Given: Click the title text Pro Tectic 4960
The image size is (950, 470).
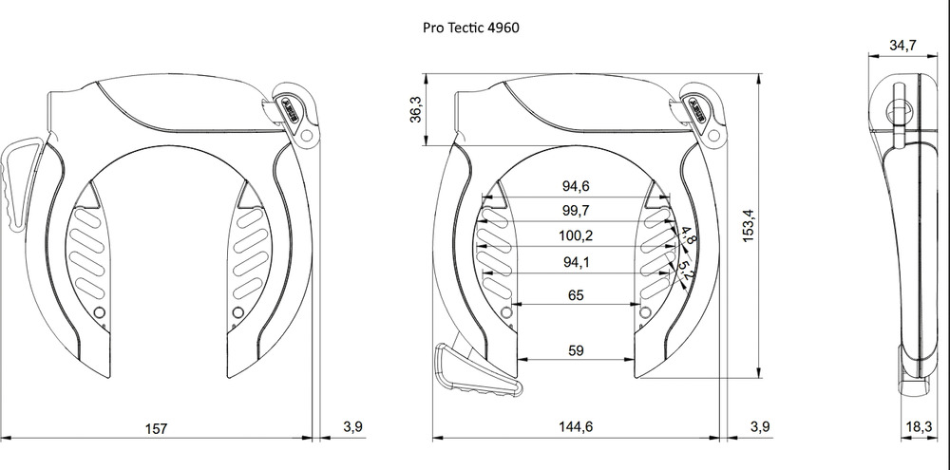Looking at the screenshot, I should coord(471,28).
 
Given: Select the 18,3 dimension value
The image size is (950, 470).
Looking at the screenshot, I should coord(918,427).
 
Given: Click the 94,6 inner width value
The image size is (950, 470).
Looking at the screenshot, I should coord(575,186).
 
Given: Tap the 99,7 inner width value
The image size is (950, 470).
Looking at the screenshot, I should coord(575,209).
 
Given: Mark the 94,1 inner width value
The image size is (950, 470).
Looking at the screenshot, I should coord(575,262).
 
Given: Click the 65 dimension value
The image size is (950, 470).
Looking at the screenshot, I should coord(575,295).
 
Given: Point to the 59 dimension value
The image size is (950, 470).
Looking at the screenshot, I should coord(575,350).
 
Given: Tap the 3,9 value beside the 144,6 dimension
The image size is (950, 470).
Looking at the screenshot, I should coord(760,427).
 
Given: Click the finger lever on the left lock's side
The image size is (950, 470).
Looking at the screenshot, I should coord(21,180).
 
